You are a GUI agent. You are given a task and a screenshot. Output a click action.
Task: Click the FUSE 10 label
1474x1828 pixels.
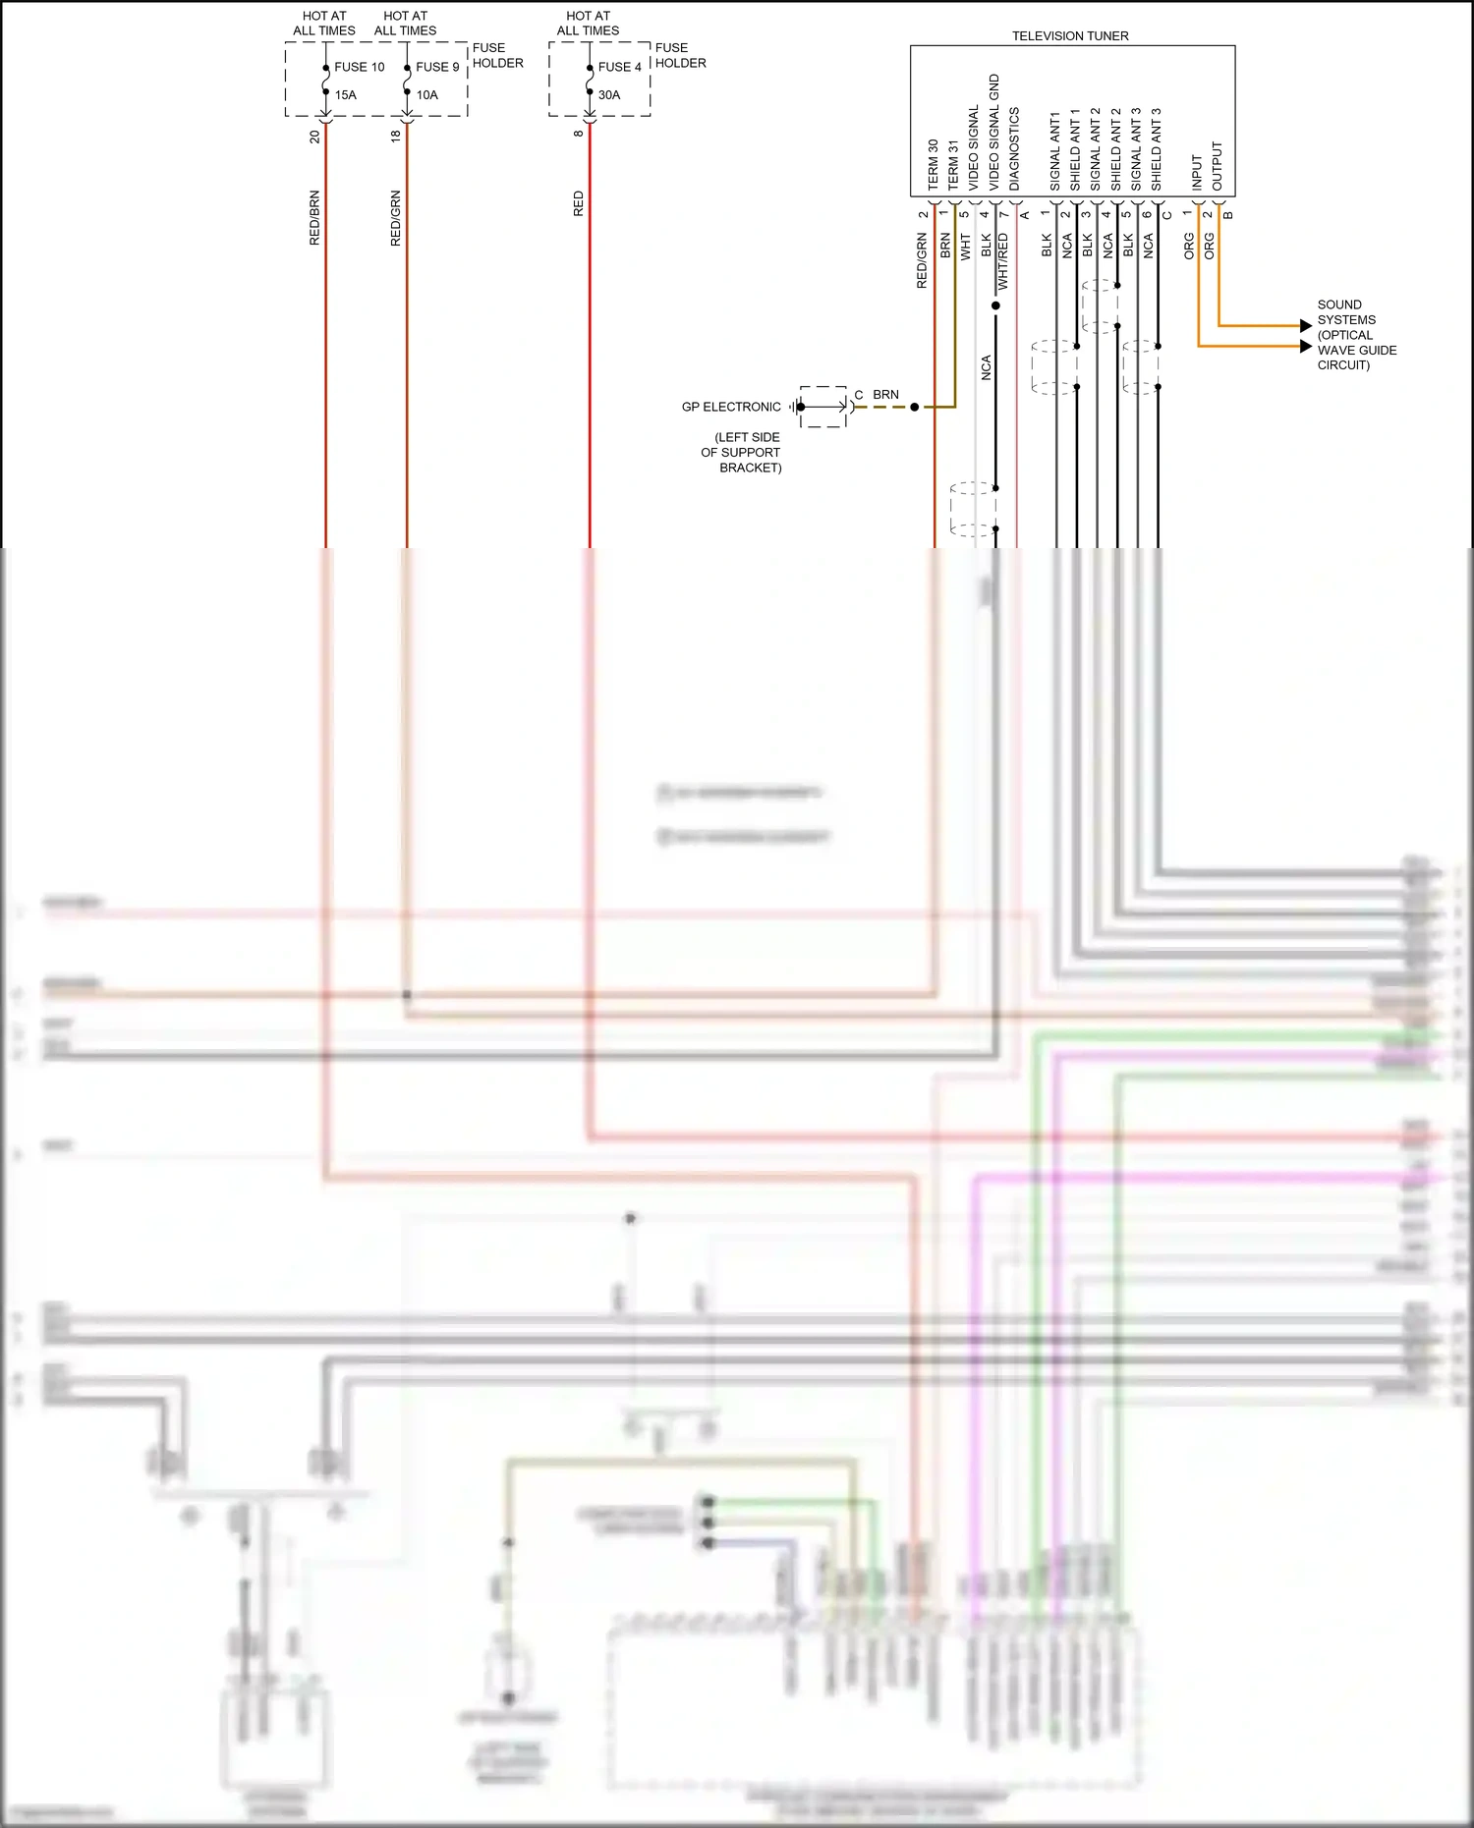point(359,67)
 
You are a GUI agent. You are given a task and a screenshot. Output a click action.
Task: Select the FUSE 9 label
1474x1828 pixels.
point(437,67)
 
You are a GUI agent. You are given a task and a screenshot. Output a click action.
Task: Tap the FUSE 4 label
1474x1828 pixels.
point(619,67)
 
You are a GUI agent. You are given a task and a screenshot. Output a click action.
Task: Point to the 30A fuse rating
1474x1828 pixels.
point(609,95)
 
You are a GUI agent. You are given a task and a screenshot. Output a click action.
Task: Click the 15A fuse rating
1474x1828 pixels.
point(345,95)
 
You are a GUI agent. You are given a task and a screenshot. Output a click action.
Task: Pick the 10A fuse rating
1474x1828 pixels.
point(426,95)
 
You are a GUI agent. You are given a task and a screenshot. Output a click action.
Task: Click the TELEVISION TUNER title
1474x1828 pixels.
point(1070,36)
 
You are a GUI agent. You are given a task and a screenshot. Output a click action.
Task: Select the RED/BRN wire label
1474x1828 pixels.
point(314,217)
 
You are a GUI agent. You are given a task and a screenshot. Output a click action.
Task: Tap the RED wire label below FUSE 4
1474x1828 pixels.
point(578,204)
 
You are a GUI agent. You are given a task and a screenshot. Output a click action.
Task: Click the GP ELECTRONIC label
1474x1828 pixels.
point(731,407)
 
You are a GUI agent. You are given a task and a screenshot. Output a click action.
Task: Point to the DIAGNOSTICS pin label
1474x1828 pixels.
point(1014,149)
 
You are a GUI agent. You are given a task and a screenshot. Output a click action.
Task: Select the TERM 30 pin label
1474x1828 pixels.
point(933,165)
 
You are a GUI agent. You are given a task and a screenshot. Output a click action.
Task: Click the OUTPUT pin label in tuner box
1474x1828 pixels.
point(1218,166)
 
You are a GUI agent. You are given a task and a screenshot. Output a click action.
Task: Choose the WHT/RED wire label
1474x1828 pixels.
point(1002,261)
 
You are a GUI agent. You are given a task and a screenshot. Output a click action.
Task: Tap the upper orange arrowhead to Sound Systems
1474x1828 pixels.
point(1305,325)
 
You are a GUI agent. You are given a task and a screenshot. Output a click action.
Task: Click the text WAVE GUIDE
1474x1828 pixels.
point(1356,350)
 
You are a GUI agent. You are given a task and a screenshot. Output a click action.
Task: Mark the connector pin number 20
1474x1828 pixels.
point(314,137)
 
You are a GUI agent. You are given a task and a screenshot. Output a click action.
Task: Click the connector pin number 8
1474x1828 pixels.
point(578,134)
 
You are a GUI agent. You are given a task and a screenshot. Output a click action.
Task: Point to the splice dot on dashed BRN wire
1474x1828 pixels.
point(914,407)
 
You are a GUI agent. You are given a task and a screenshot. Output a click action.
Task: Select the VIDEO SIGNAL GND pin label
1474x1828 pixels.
point(993,133)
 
